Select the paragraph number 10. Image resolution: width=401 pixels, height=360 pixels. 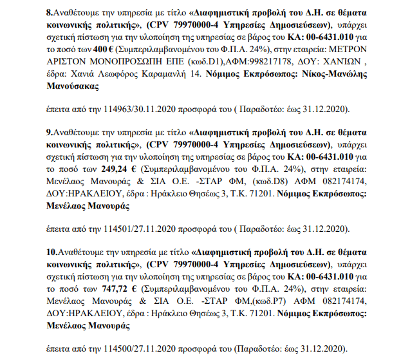[53, 252]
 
